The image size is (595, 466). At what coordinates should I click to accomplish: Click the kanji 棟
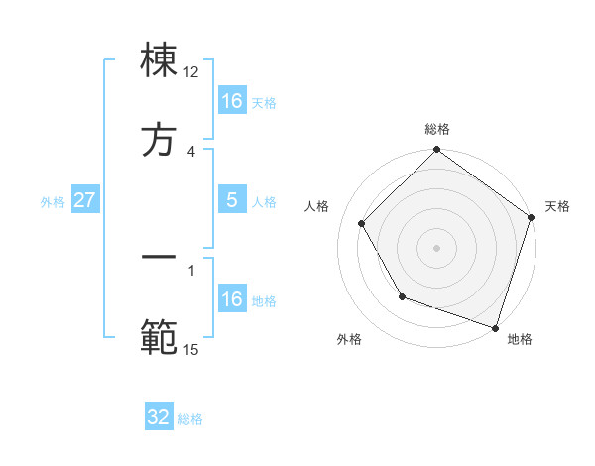pyautogui.click(x=160, y=60)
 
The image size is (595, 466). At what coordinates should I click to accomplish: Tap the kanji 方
pyautogui.click(x=160, y=140)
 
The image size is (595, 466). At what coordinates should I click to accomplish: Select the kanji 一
pyautogui.click(x=160, y=257)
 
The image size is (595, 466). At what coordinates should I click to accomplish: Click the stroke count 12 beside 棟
pyautogui.click(x=191, y=72)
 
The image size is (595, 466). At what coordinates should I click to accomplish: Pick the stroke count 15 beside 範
pyautogui.click(x=191, y=349)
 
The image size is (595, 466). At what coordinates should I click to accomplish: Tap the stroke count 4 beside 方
pyautogui.click(x=191, y=151)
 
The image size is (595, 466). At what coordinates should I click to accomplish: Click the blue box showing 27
pyautogui.click(x=84, y=200)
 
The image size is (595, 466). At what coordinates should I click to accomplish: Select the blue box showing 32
pyautogui.click(x=159, y=417)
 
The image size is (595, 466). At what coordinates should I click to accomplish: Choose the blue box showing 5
pyautogui.click(x=232, y=200)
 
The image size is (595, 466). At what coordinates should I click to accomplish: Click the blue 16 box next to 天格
pyautogui.click(x=232, y=101)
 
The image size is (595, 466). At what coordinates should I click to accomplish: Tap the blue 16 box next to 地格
pyautogui.click(x=232, y=299)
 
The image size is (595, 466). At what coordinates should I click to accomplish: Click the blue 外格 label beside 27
pyautogui.click(x=53, y=201)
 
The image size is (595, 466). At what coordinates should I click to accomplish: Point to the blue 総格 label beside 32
pyautogui.click(x=190, y=418)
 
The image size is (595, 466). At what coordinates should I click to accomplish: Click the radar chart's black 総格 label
pyautogui.click(x=437, y=129)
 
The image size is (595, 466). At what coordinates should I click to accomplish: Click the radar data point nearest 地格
pyautogui.click(x=495, y=327)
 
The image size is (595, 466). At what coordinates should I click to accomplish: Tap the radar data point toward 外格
pyautogui.click(x=402, y=296)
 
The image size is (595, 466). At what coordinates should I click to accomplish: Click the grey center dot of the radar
pyautogui.click(x=437, y=248)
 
